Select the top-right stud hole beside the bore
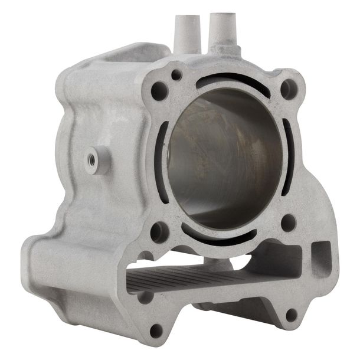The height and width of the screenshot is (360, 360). click(287, 89)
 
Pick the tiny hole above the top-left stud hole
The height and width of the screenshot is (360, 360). click(175, 75)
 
